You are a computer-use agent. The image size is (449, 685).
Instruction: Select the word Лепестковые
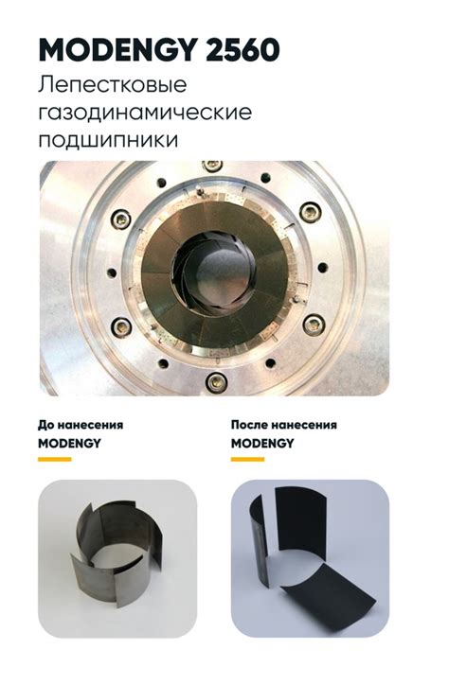click(x=113, y=85)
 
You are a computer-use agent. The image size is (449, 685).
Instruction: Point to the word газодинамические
click(x=145, y=113)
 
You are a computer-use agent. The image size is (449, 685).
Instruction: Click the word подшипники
click(x=108, y=141)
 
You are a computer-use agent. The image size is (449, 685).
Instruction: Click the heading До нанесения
click(x=81, y=425)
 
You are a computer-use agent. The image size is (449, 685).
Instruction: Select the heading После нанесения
click(x=284, y=425)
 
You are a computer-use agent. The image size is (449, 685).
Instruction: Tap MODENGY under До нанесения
click(x=69, y=444)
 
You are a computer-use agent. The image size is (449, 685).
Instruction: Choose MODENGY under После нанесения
click(x=262, y=444)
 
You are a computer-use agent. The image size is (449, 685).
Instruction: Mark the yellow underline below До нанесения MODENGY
click(x=55, y=459)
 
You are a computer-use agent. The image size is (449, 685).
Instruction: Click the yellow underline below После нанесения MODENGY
click(x=247, y=459)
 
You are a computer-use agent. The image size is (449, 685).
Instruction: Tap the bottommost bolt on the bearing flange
click(x=216, y=382)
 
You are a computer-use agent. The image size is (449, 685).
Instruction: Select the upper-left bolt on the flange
click(x=121, y=219)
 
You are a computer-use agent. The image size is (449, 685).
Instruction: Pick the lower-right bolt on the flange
click(x=313, y=325)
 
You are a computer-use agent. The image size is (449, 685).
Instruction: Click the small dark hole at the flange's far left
click(x=112, y=273)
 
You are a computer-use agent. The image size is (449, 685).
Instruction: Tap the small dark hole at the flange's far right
click(x=323, y=268)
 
